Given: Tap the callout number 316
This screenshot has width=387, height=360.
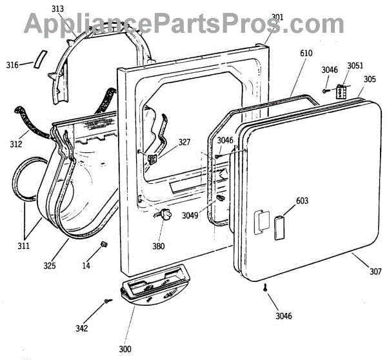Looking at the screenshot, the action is pos(12,65).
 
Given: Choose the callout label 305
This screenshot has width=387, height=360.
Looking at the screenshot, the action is pos(370,79).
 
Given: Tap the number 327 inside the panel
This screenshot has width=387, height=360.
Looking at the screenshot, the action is pos(184,143).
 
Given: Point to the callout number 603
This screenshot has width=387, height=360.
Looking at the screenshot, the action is pos(302,201).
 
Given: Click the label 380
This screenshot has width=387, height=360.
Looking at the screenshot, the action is pos(158,246).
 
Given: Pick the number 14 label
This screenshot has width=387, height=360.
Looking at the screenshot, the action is pos(86,265).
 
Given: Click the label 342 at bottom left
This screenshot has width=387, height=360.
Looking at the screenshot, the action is pos(81,328).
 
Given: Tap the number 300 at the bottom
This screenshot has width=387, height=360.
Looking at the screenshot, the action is pos(124,349).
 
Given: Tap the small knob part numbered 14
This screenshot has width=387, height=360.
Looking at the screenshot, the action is pos(103,243).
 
